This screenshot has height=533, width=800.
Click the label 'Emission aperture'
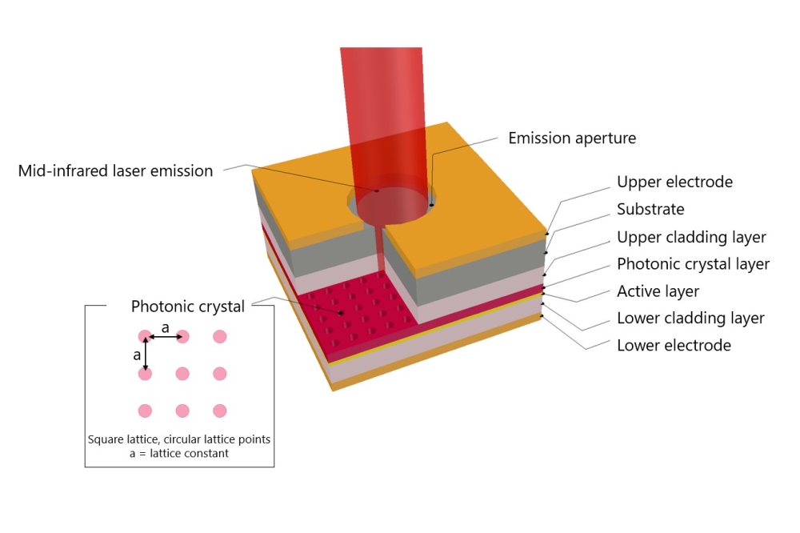572,138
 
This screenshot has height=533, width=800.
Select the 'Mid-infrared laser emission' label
115,170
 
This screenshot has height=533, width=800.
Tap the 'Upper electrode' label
674,182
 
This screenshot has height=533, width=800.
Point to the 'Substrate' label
650,210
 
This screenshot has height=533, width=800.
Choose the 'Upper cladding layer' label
691,237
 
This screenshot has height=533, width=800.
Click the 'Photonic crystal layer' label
693,264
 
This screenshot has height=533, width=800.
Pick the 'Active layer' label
658,291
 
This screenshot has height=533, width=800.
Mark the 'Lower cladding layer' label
690,319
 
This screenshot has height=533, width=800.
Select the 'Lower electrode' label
674,346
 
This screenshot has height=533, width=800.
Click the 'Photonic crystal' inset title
188,307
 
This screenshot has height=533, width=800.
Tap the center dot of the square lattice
182,373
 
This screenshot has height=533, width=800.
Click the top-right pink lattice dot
220,336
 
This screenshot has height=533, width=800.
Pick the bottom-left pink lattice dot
145,411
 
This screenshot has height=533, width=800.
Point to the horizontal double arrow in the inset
164,337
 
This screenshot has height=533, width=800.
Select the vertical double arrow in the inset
145,355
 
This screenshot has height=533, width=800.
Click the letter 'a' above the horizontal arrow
166,327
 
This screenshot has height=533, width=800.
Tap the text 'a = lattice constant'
179,453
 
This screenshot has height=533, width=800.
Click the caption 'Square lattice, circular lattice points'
179,439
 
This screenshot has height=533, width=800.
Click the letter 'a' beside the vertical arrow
137,354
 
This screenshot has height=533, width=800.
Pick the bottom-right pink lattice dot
220,411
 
